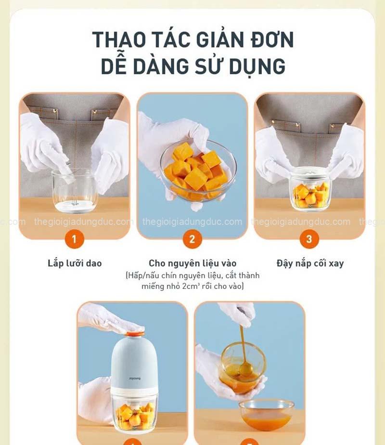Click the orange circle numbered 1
pos(74,239)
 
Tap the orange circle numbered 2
pos(192,239)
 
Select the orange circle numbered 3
pos(309,239)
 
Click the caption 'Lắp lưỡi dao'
pos(75,263)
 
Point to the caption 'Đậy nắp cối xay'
pos(310,263)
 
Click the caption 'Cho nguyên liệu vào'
pos(192,263)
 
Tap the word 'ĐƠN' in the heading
pos(272,39)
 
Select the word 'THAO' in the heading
pos(119,39)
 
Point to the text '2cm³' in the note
pos(191,286)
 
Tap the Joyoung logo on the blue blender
pos(135,379)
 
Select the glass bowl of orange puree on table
pos(266,414)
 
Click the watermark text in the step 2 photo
pos(192,222)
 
